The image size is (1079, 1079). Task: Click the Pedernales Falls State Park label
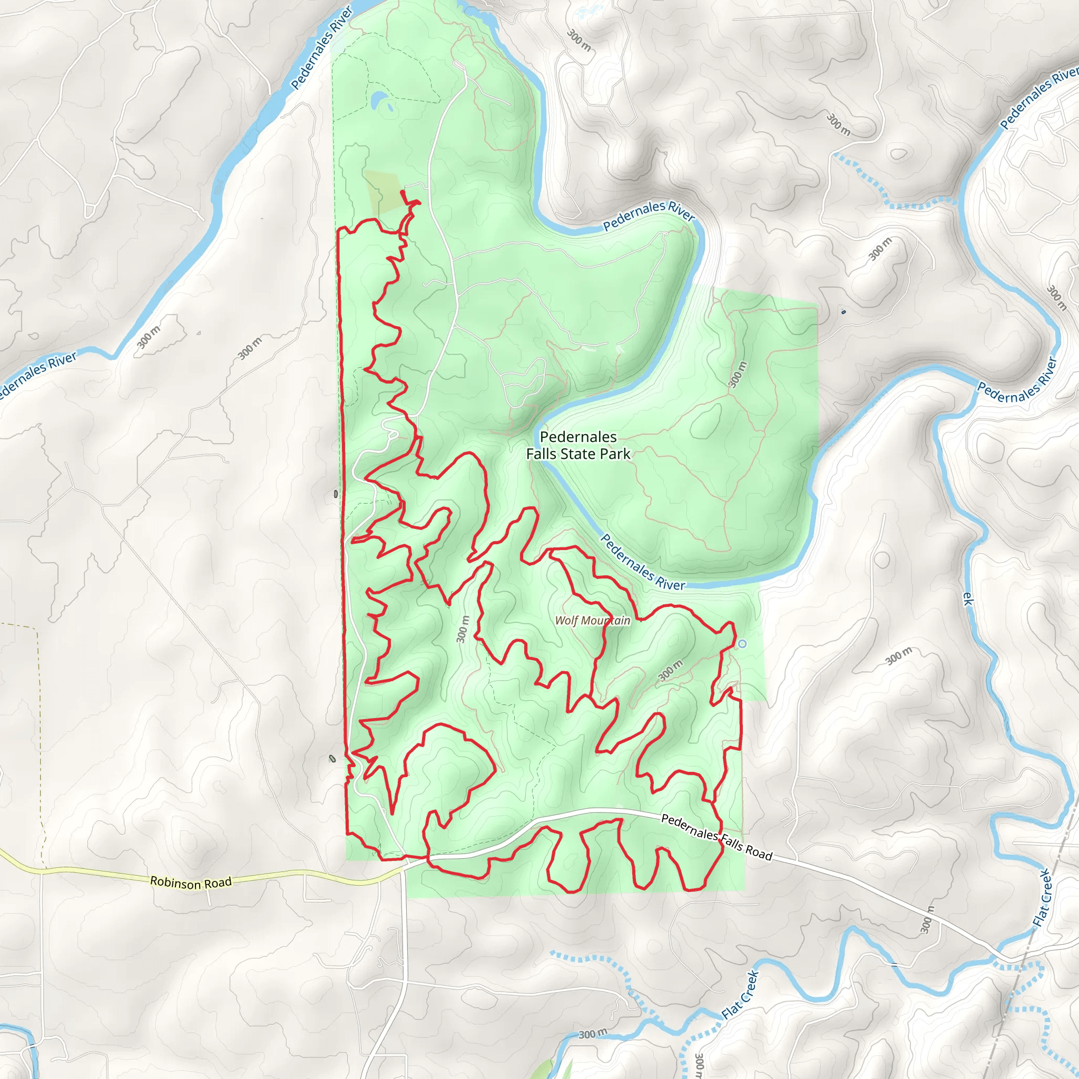point(578,445)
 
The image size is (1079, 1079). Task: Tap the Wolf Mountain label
point(593,621)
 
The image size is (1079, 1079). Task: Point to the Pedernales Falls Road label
point(717,837)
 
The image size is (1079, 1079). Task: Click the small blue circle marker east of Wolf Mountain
point(742,644)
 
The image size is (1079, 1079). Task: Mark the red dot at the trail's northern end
point(403,193)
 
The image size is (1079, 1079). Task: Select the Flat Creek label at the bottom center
point(740,995)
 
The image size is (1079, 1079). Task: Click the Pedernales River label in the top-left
point(322,47)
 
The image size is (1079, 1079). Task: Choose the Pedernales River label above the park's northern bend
point(649,215)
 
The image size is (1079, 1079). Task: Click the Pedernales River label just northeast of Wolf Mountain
point(642,562)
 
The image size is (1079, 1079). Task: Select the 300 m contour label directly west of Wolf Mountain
point(463,629)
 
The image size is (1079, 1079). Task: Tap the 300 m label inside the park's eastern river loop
point(738,374)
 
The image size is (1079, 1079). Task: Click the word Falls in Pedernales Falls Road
point(731,840)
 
